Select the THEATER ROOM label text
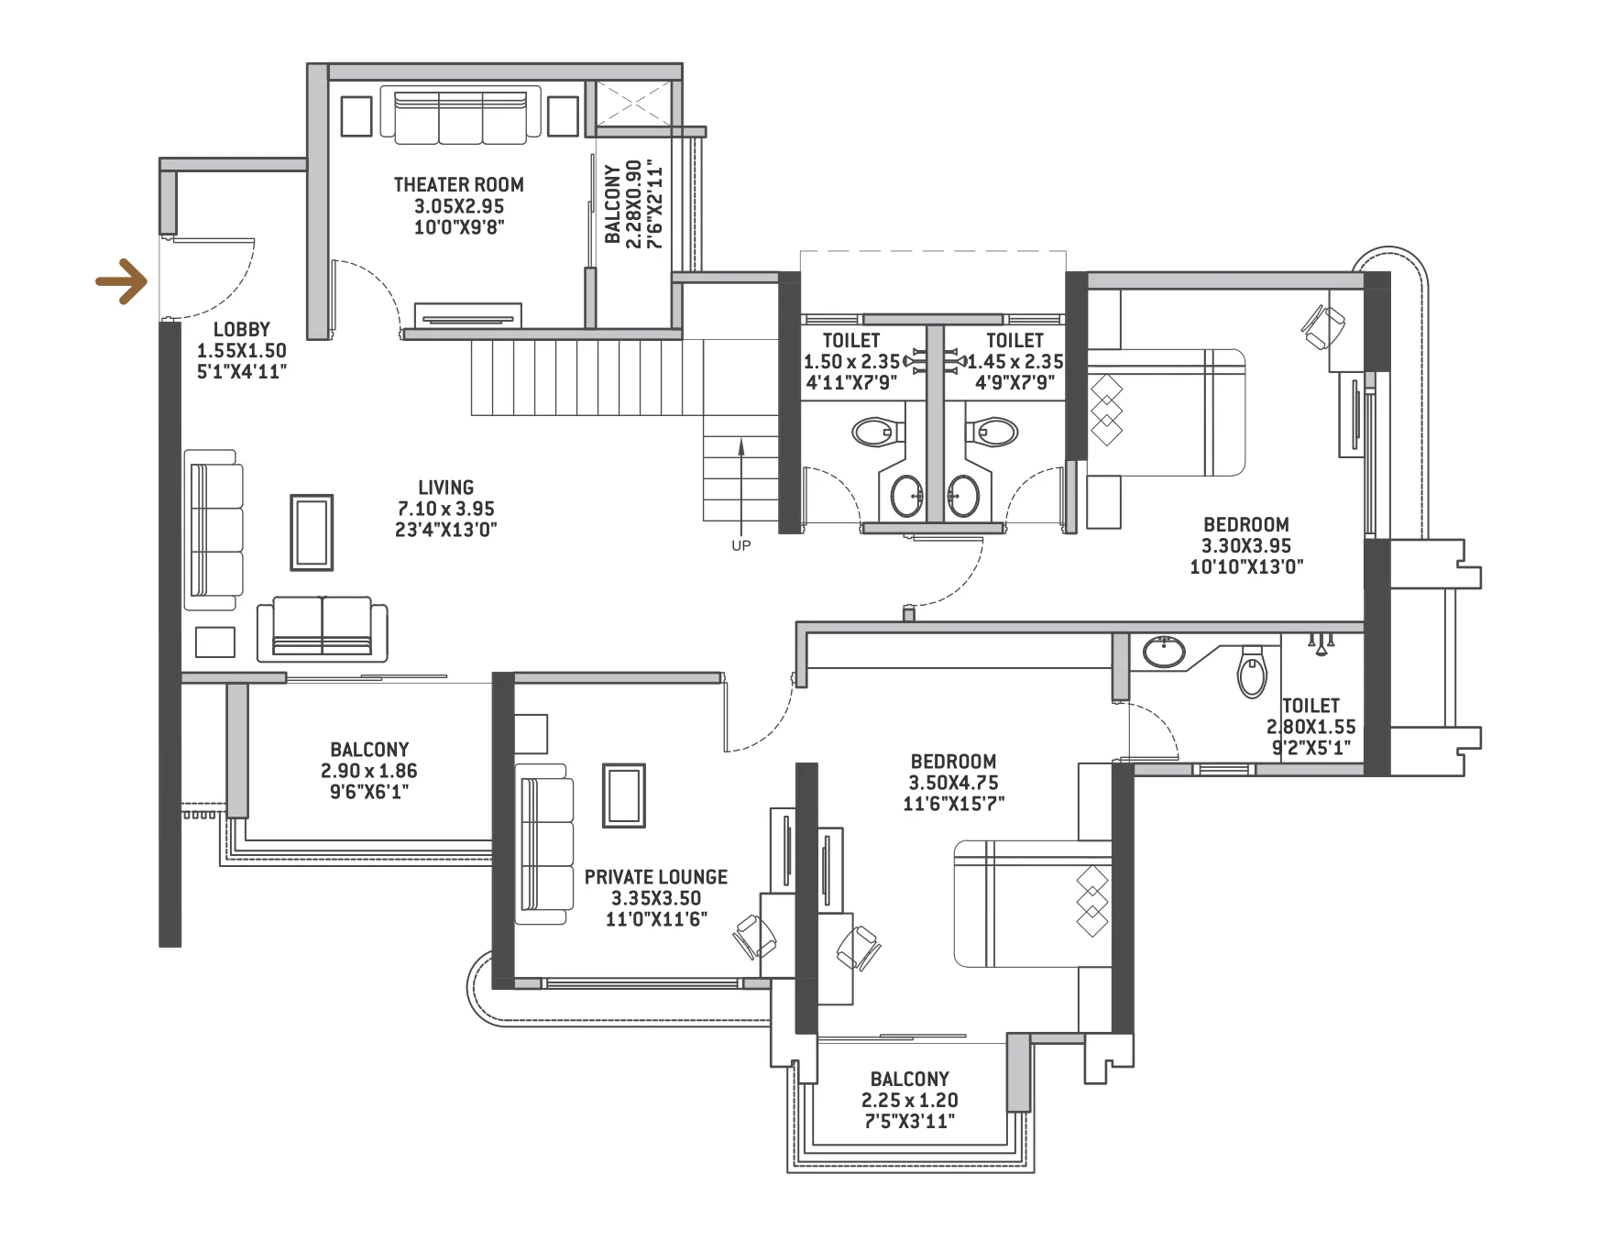click(x=458, y=184)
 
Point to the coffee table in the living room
click(x=312, y=532)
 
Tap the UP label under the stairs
click(x=740, y=546)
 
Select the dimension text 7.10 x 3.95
click(x=445, y=509)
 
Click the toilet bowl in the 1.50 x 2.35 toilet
click(x=876, y=431)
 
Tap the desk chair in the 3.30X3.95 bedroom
click(x=1322, y=327)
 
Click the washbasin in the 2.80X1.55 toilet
click(x=1164, y=652)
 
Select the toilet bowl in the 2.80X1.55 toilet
click(x=1251, y=671)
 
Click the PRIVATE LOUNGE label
click(x=655, y=877)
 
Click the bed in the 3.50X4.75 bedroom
click(x=1032, y=904)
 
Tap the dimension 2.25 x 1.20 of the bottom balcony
click(x=909, y=1101)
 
